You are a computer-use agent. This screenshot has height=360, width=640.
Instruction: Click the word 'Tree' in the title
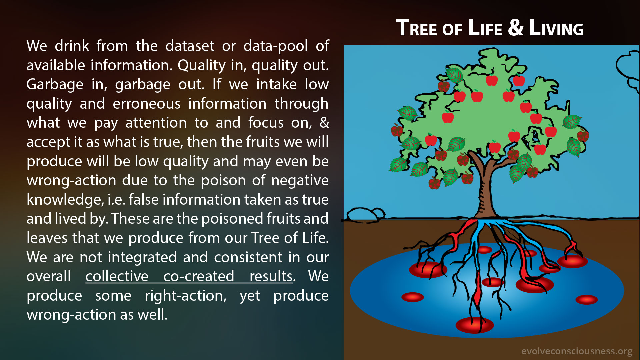[417, 28]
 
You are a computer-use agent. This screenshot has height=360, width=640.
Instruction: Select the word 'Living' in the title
[556, 28]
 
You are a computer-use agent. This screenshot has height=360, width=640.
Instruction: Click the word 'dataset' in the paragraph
[190, 46]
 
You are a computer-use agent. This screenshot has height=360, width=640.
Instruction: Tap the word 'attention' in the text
[156, 123]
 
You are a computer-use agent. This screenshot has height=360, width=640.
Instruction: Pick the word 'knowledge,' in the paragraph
[65, 200]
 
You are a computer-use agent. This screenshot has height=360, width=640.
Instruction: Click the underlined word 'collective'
[117, 276]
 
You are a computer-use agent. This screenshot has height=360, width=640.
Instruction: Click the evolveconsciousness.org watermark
[577, 351]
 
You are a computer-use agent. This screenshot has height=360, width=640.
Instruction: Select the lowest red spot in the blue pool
[474, 325]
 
